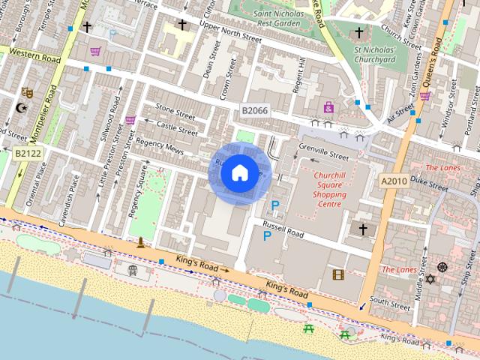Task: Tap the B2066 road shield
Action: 255,111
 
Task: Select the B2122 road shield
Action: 28,153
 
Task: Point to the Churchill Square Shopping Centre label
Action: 319,189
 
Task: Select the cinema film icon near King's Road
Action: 337,274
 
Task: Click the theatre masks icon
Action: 28,92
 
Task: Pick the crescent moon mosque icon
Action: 21,108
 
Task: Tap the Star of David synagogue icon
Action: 430,279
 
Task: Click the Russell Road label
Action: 282,234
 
